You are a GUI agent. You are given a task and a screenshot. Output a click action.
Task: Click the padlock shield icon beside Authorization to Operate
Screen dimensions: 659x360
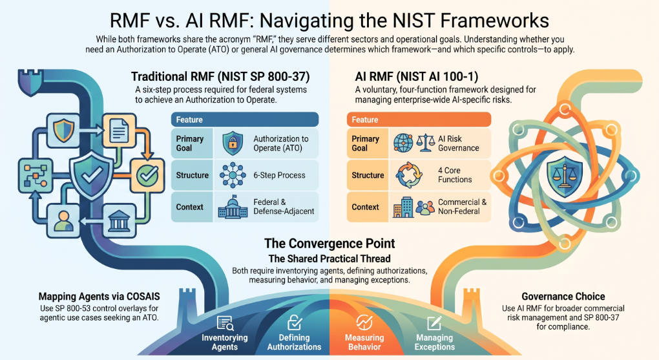233,143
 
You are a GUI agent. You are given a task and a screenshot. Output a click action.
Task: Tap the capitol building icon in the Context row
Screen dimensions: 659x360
233,206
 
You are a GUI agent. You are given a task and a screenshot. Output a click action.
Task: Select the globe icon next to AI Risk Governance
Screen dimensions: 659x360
403,143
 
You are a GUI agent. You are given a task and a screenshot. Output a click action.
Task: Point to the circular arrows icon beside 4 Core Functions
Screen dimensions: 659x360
408,175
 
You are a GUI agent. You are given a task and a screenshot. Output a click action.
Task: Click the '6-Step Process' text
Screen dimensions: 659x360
279,175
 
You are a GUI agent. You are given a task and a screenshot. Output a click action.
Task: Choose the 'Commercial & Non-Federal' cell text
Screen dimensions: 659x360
463,206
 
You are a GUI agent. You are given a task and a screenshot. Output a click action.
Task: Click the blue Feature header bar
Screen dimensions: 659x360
245,120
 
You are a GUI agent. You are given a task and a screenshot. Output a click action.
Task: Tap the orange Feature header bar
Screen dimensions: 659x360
419,120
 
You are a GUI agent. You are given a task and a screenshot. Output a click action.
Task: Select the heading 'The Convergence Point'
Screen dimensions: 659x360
329,244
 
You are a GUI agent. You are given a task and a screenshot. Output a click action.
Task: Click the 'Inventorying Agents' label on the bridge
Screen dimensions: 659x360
224,342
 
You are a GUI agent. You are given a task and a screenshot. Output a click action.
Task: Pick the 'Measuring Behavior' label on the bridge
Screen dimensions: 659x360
364,342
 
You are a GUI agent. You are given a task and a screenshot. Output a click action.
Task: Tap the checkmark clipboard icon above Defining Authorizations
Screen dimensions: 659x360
294,323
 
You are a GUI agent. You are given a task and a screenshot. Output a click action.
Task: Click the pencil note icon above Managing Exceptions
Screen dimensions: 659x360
434,323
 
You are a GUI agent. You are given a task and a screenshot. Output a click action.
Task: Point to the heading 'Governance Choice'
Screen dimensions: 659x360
563,297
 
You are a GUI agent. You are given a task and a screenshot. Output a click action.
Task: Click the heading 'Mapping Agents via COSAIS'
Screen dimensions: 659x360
99,297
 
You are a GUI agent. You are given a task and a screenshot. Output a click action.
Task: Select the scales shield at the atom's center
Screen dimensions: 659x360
565,175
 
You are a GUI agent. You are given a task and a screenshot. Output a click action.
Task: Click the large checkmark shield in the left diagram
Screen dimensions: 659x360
92,175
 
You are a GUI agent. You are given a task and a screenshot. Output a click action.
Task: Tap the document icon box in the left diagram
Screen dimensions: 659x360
119,131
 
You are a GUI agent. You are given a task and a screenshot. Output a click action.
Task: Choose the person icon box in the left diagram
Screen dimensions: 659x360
63,220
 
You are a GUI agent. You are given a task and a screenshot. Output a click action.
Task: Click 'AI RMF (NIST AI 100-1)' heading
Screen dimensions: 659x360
417,76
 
